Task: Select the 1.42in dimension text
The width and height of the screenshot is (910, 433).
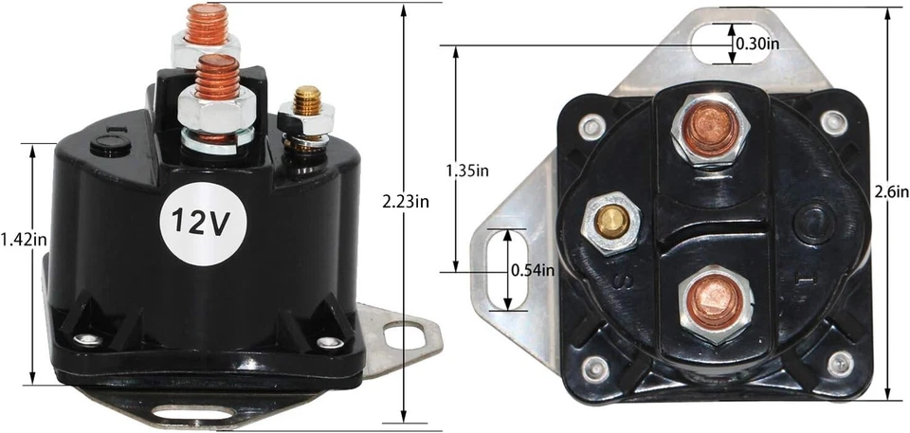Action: [24, 240]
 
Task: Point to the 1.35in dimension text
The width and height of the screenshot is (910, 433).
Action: [468, 171]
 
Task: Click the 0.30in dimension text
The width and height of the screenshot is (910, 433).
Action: [758, 44]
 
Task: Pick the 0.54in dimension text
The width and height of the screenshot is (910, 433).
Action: [532, 270]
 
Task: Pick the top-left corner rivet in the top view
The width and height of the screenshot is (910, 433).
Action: [593, 124]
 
